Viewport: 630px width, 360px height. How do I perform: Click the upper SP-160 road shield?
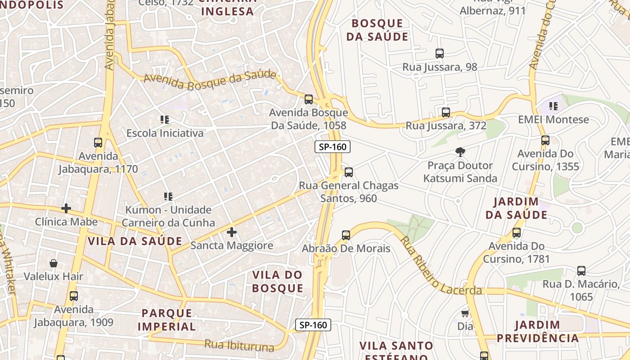pos(332,147)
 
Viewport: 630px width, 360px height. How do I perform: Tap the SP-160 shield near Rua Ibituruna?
pos(313,325)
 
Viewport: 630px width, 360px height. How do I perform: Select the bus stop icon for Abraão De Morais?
pos(346,235)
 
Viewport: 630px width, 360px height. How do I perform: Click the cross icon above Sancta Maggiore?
pos(232,232)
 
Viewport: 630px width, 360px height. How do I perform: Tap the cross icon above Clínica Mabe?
pos(66,208)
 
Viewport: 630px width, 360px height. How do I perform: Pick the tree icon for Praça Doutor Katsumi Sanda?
pos(460,152)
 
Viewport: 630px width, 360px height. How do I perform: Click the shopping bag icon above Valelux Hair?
pos(54,263)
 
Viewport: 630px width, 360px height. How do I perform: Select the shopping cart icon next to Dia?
pos(465,313)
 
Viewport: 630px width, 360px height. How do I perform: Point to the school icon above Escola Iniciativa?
pos(165,120)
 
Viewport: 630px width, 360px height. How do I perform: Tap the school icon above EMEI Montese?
pos(553,106)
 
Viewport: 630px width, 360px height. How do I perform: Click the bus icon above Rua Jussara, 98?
pos(439,54)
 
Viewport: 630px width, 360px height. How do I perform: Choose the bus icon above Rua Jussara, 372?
pos(445,112)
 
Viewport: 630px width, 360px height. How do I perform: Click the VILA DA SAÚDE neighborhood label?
pos(135,241)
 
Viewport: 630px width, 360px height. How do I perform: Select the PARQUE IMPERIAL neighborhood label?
pos(166,319)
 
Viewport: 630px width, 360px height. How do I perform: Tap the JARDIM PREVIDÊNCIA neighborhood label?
pos(537,332)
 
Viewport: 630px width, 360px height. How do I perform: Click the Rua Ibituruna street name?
pos(239,346)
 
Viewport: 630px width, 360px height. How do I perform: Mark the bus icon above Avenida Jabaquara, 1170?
pos(98,143)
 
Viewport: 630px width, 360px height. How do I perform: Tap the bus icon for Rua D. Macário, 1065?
pos(581,271)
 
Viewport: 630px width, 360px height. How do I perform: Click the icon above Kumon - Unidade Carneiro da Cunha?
pos(168,196)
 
